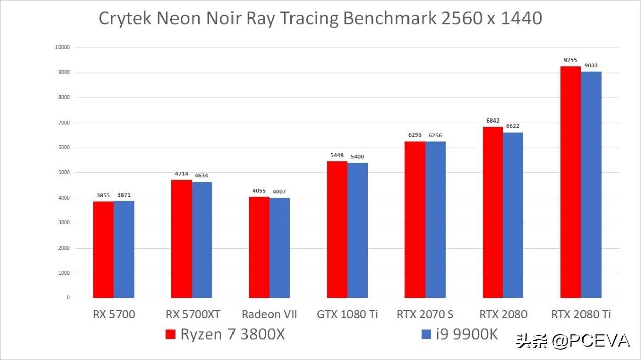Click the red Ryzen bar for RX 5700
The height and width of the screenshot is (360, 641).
click(103, 250)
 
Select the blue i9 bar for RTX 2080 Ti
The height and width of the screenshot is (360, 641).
click(591, 185)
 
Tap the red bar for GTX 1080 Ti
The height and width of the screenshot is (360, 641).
click(337, 229)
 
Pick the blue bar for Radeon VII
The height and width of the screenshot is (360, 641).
click(279, 248)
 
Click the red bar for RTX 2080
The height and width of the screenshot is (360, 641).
click(493, 212)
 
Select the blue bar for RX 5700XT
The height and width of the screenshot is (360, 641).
click(202, 239)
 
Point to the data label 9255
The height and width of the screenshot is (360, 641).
click(570, 60)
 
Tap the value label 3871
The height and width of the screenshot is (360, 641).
click(124, 195)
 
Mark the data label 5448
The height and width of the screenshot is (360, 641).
click(337, 155)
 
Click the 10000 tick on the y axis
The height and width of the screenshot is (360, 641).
click(63, 47)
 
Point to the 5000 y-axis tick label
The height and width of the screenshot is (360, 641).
click(64, 173)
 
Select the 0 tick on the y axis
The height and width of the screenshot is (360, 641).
click(68, 298)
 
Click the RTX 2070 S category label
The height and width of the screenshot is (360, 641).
click(425, 315)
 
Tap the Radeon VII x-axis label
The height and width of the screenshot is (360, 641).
click(269, 315)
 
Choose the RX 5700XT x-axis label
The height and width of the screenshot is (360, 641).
click(193, 315)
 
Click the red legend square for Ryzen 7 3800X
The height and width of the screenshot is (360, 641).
click(170, 334)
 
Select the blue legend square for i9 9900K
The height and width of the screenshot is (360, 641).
click(426, 334)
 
